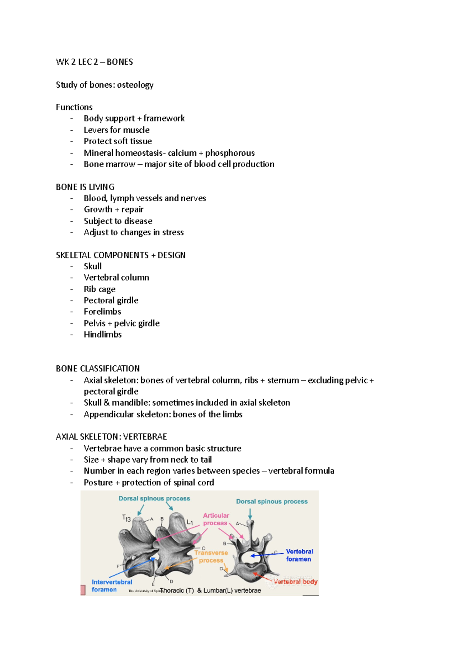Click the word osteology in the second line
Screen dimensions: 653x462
(x=135, y=85)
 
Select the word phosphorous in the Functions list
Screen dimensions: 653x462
(x=230, y=153)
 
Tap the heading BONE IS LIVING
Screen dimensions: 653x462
(x=85, y=187)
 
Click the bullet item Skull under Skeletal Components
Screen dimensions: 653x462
(x=93, y=267)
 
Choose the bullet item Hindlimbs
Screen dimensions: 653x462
(x=103, y=335)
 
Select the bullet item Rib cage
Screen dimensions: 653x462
(x=100, y=289)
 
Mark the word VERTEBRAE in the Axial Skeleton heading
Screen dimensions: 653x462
(x=145, y=437)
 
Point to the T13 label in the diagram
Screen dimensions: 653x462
(x=126, y=518)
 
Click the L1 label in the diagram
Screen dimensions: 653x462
(x=190, y=522)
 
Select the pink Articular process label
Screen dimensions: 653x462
(x=216, y=519)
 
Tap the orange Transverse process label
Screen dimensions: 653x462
(x=211, y=556)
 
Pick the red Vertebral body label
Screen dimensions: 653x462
(x=296, y=581)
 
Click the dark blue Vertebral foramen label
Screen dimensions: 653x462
(x=299, y=555)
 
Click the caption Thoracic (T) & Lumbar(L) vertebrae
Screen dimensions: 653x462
(x=211, y=591)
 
